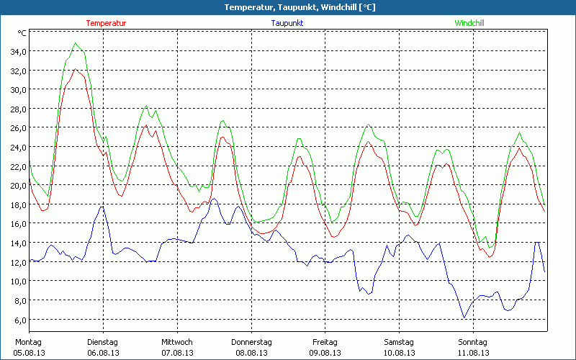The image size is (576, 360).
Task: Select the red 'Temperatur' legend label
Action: click(x=106, y=23)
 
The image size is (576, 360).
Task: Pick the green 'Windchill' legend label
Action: click(x=469, y=23)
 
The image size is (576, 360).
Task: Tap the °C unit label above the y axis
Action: click(x=22, y=33)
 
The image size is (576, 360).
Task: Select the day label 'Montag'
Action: click(x=28, y=342)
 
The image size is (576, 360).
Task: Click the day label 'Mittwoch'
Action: click(x=176, y=342)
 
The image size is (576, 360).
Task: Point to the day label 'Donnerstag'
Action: click(x=251, y=342)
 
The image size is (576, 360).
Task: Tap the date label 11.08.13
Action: click(x=473, y=353)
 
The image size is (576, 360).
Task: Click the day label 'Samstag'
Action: click(x=399, y=342)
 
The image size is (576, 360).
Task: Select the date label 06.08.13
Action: click(x=102, y=353)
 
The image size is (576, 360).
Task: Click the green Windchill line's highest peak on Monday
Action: click(x=75, y=43)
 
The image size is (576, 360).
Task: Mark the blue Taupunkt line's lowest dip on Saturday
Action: click(x=464, y=318)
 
